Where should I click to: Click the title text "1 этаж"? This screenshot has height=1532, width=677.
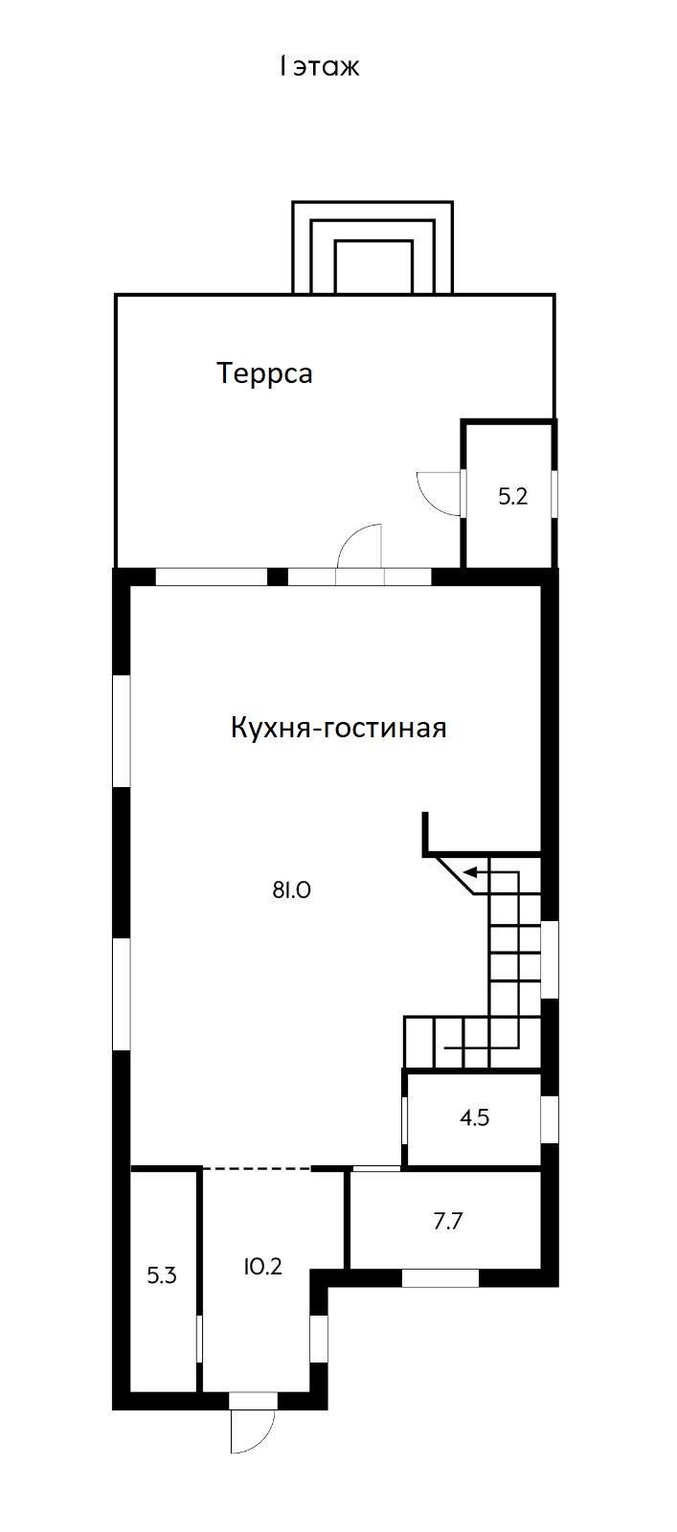(x=319, y=67)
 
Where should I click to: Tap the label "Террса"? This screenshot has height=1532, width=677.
(x=264, y=372)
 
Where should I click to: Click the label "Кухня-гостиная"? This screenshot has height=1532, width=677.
(x=338, y=728)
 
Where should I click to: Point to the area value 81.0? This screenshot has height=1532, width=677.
(x=292, y=890)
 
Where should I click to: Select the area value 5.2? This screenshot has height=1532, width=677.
(x=513, y=497)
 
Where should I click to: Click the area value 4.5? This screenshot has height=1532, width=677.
(x=474, y=1117)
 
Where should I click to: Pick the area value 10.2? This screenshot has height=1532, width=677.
(x=262, y=1267)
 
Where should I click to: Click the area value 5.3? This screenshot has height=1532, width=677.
(x=162, y=1275)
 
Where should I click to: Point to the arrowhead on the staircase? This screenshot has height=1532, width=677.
(x=470, y=871)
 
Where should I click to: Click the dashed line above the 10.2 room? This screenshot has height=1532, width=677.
(x=257, y=1168)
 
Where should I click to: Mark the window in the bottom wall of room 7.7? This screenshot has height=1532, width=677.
(x=440, y=1277)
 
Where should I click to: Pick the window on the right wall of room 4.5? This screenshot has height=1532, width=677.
(x=549, y=1118)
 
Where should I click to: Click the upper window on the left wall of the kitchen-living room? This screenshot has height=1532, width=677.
(x=123, y=732)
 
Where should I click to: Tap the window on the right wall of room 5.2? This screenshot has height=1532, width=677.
(x=554, y=493)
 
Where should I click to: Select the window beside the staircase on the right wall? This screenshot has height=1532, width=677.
(x=550, y=959)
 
